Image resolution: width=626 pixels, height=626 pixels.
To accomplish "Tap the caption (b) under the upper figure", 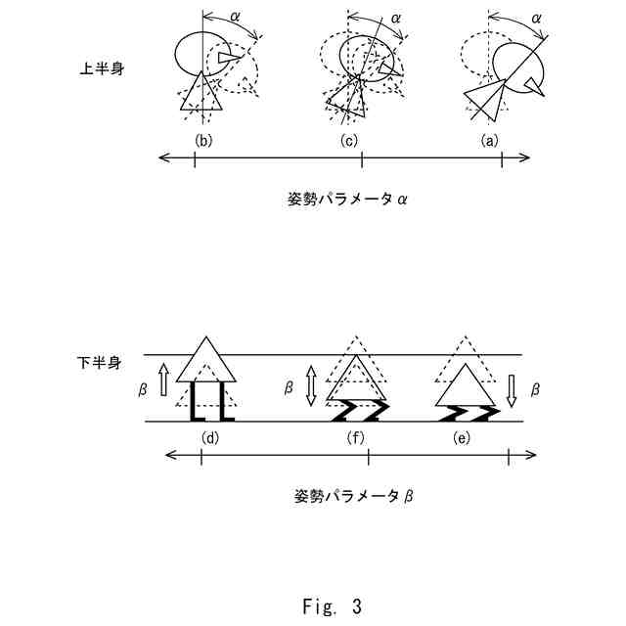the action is (x=203, y=140).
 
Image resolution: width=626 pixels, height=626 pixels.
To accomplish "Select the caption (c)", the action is (x=349, y=140).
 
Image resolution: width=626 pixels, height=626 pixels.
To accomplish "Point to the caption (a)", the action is (x=490, y=140).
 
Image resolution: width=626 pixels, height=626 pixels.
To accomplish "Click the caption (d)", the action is (x=208, y=437).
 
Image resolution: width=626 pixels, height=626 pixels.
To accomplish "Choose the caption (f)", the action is (x=355, y=437).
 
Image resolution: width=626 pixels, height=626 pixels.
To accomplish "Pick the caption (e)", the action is (x=462, y=437).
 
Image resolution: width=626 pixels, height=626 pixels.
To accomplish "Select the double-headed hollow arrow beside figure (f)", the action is (x=312, y=385).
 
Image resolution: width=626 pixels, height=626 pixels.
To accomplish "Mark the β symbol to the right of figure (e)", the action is (x=535, y=388).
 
